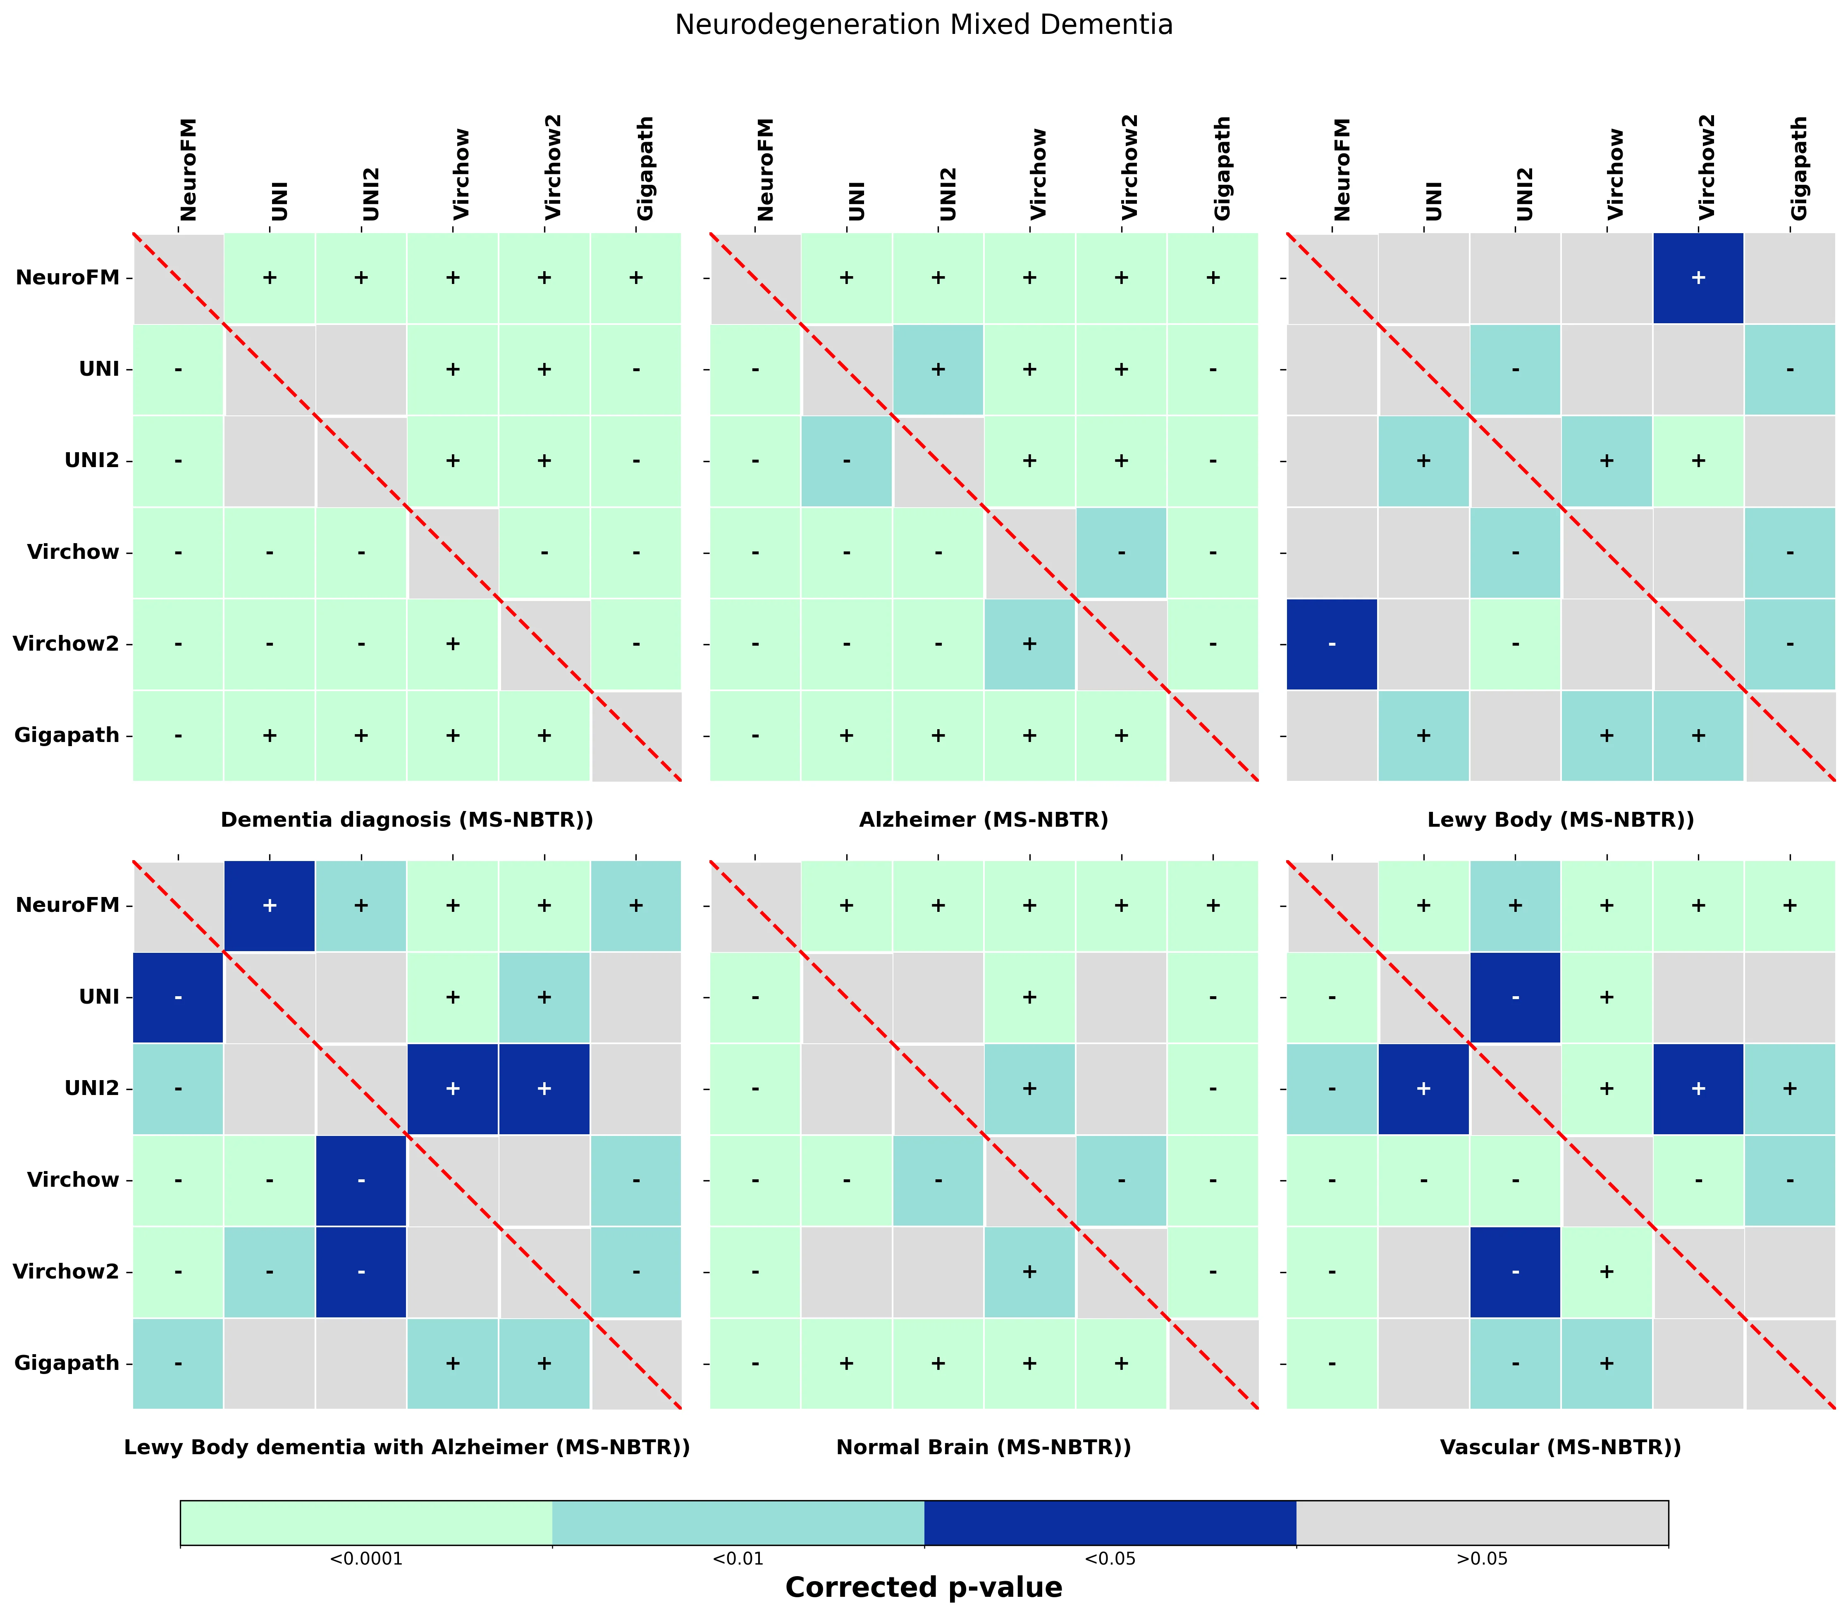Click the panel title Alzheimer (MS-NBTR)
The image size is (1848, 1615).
click(984, 819)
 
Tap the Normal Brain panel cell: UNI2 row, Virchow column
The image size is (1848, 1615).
click(1029, 1089)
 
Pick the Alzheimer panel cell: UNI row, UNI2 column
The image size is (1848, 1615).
click(938, 370)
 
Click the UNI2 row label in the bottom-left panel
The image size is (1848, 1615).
click(92, 1089)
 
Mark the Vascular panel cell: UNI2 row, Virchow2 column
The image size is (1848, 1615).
click(1698, 1089)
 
